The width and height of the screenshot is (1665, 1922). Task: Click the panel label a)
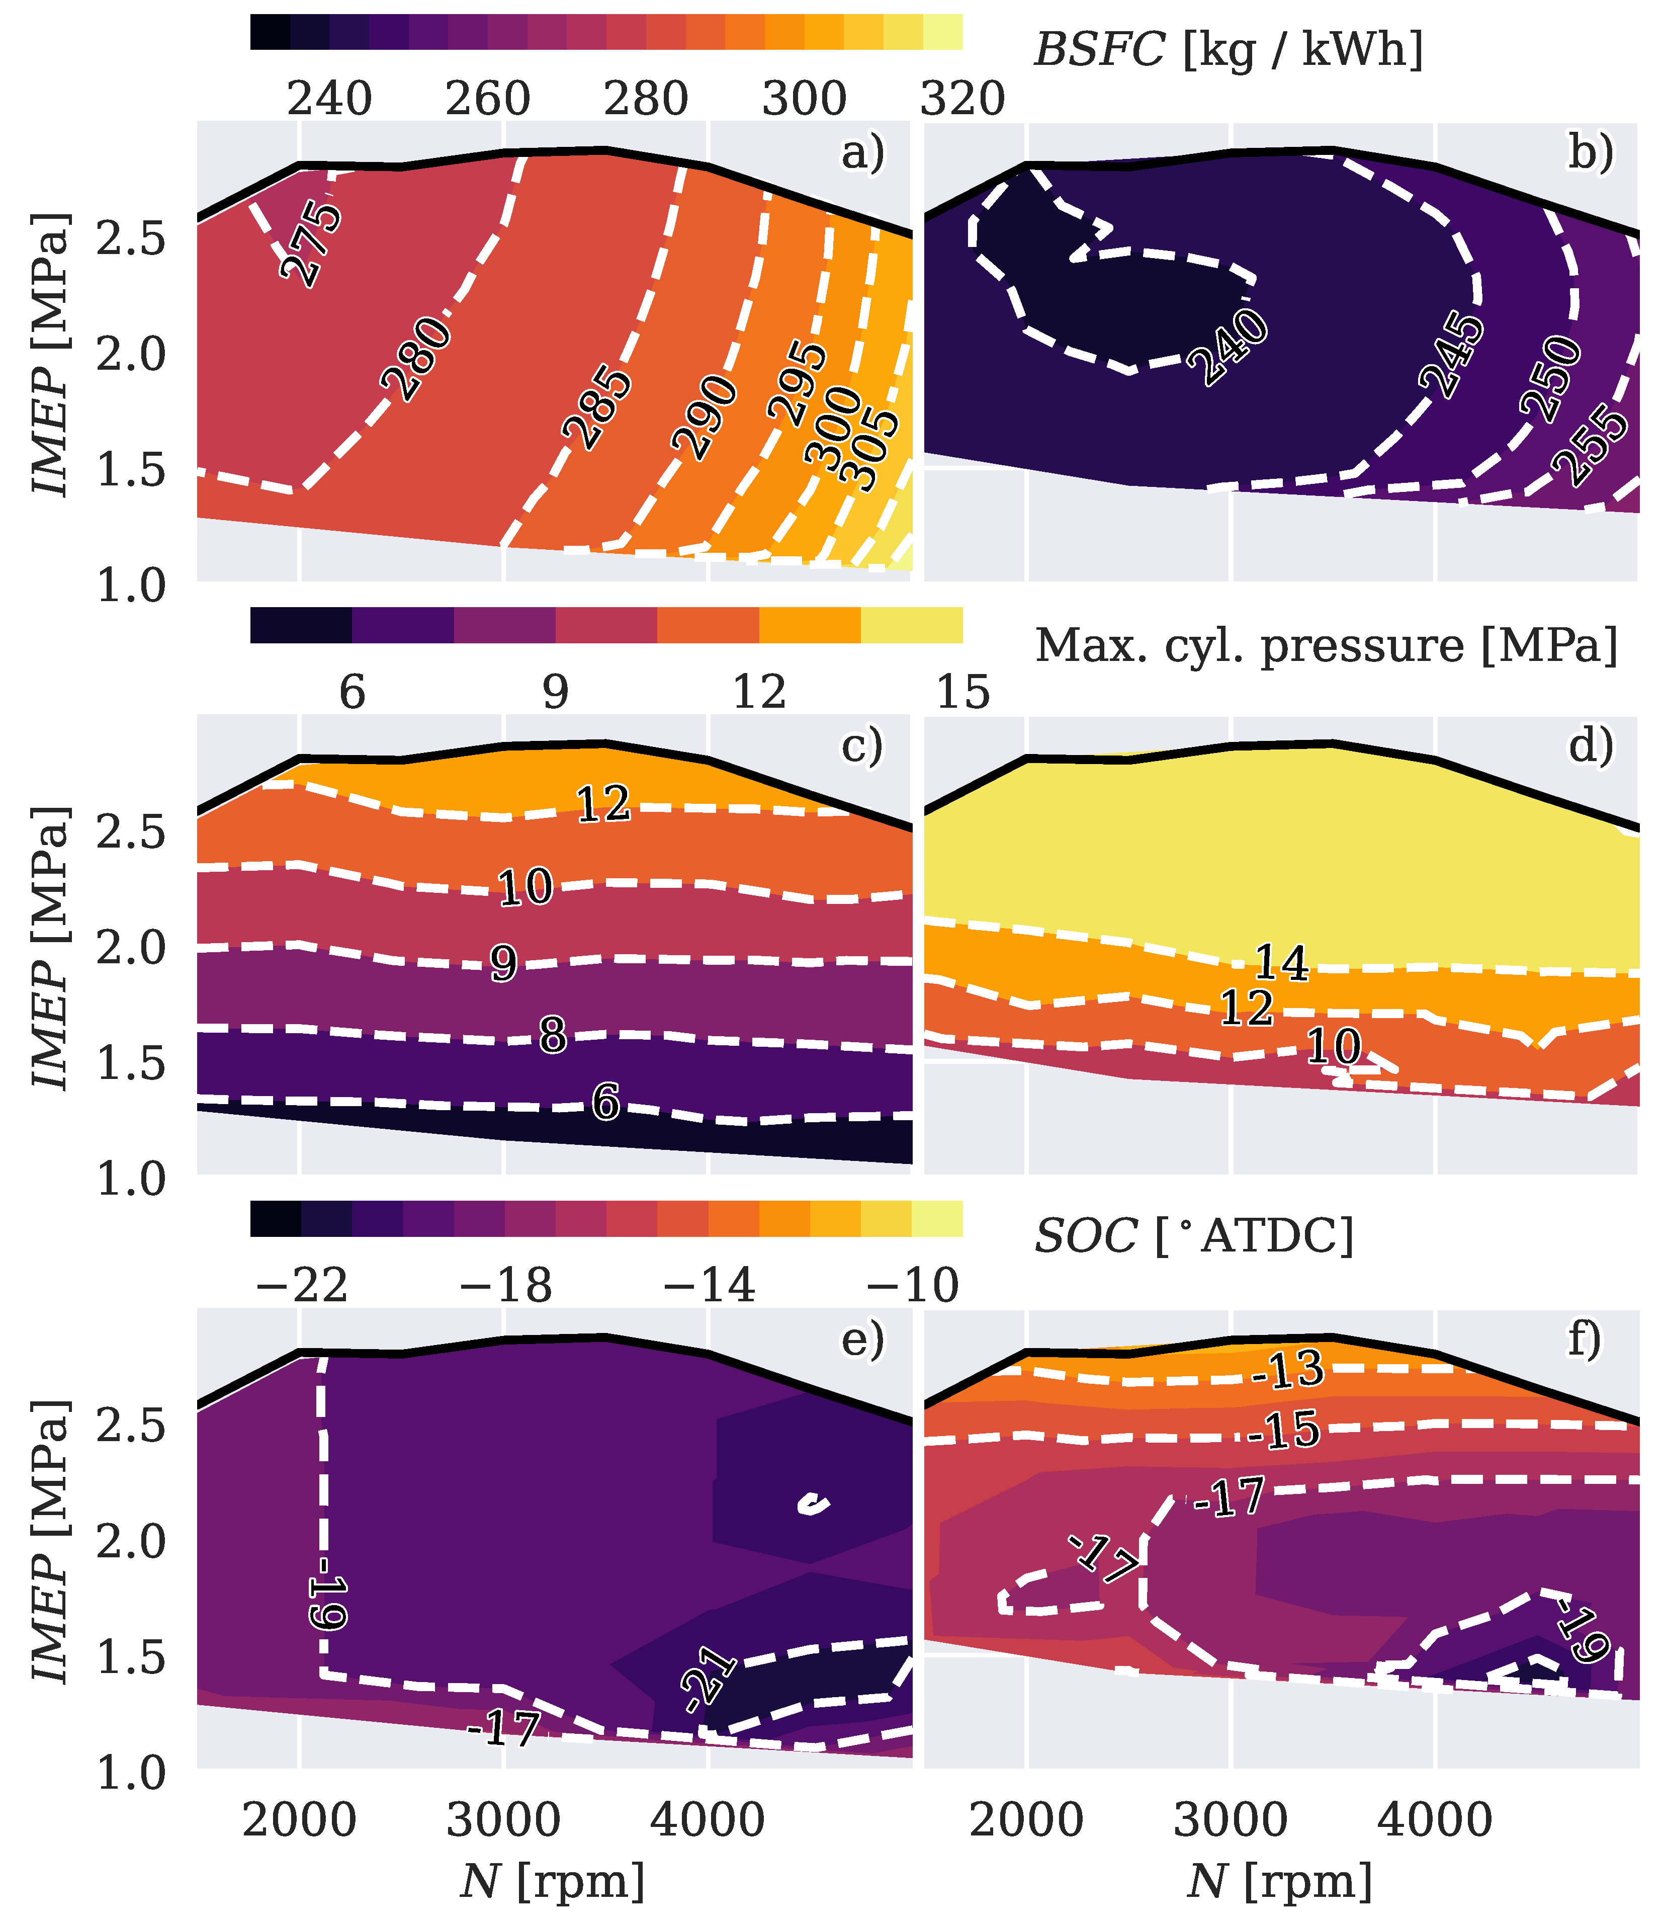pos(862,153)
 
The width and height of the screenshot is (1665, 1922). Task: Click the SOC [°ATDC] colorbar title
pos(1194,1236)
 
